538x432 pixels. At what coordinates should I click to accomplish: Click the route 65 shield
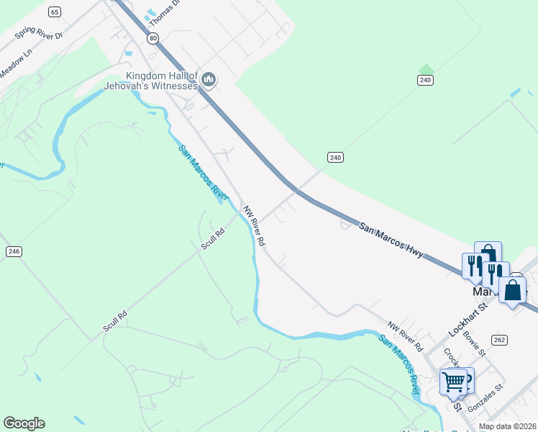pos(55,12)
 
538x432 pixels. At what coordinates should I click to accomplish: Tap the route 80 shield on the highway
pos(153,39)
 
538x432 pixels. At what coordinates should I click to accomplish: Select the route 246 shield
pos(13,251)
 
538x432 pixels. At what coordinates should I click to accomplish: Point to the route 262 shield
pos(500,339)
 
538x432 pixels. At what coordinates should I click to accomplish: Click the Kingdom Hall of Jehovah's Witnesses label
pos(162,81)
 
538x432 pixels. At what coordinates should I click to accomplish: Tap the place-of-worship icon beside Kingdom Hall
pos(209,79)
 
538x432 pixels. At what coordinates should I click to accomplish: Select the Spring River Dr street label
pos(40,34)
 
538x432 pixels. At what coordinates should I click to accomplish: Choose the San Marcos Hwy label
pos(392,240)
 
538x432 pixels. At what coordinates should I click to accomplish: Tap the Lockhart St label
pos(468,315)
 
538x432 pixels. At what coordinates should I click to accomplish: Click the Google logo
pos(24,423)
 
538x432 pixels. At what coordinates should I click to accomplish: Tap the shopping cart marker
pos(454,382)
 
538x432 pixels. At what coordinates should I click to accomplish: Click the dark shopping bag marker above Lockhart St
pos(512,290)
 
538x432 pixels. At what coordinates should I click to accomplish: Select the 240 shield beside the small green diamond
pos(425,80)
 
